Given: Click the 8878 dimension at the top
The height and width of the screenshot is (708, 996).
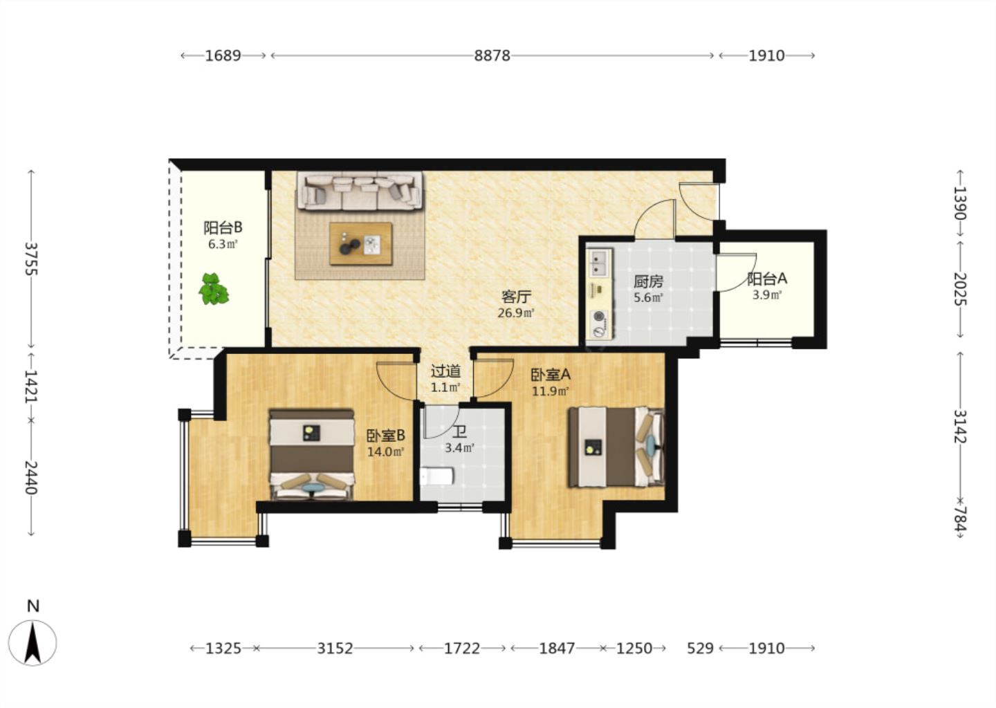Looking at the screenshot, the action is click(x=492, y=55).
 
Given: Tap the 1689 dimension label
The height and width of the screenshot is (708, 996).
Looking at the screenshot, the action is click(x=223, y=55).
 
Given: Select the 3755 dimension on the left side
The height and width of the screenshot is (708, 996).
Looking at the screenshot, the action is click(x=30, y=259).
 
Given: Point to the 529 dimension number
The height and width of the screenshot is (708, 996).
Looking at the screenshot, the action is click(x=700, y=649).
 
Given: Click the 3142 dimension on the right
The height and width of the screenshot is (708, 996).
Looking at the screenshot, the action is click(x=960, y=426).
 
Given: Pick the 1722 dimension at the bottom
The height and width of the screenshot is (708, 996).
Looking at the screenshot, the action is click(x=462, y=649).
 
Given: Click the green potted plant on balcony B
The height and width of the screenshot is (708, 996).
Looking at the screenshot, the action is click(x=214, y=289).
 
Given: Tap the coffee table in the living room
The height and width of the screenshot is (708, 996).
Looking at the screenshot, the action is click(x=360, y=243).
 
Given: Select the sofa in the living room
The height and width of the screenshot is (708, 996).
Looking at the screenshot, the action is click(x=360, y=191).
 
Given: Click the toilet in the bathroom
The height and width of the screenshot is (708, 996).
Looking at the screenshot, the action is click(x=436, y=476).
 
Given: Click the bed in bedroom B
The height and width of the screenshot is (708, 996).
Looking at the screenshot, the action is click(x=312, y=454).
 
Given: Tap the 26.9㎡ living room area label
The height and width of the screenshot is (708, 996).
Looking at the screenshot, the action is click(x=516, y=313).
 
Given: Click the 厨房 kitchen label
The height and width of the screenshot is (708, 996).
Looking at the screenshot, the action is click(x=648, y=281).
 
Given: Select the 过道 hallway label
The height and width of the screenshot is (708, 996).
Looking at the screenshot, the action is click(x=445, y=371).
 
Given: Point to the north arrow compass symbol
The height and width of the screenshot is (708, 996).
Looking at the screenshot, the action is click(x=33, y=643).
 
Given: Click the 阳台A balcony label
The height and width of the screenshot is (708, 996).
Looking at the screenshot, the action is click(x=767, y=279).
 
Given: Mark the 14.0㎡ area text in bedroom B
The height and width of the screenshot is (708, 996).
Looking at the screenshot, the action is click(x=385, y=452).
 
